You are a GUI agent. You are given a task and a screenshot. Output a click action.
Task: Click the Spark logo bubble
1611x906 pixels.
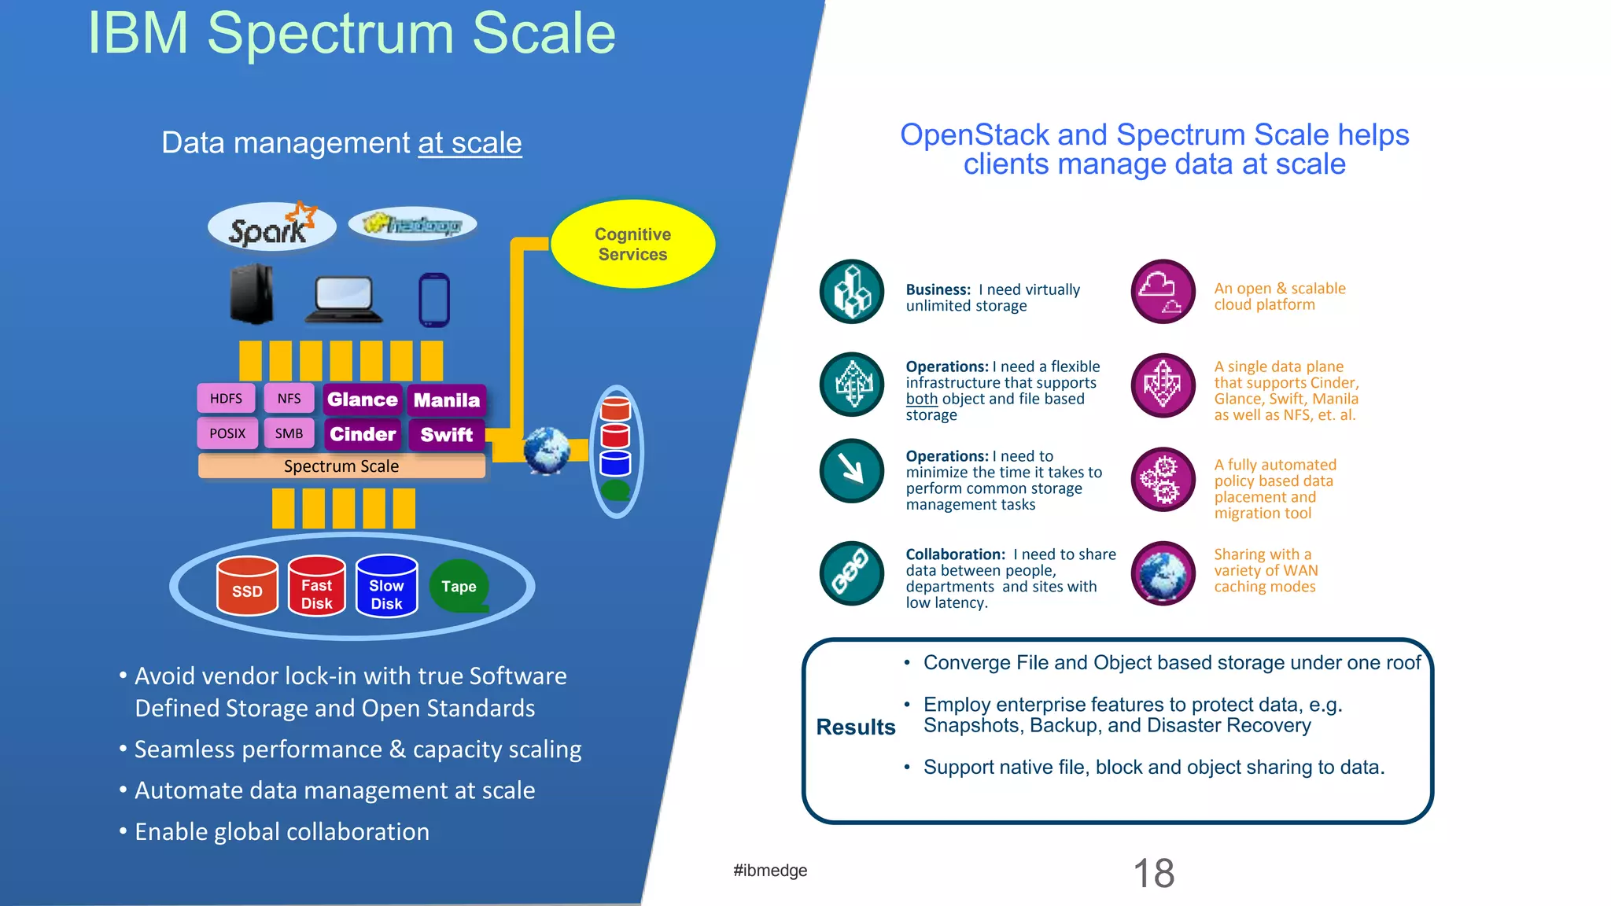click(x=271, y=226)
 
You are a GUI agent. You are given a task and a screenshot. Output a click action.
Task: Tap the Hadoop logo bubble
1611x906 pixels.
click(x=412, y=225)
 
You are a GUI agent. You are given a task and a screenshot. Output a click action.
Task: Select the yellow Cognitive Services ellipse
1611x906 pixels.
click(x=632, y=244)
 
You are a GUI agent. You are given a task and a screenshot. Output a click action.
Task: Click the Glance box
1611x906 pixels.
click(x=363, y=400)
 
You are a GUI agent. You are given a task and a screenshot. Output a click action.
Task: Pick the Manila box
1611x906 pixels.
click(x=446, y=400)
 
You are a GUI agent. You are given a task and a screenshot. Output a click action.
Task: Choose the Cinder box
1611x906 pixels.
click(x=363, y=434)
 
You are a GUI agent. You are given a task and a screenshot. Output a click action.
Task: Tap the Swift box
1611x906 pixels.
click(x=446, y=435)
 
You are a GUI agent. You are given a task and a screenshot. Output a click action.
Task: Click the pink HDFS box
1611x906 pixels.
click(x=226, y=399)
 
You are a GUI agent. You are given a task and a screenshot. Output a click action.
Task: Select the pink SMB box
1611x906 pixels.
click(x=289, y=433)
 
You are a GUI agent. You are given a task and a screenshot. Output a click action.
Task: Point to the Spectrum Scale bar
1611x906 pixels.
click(x=341, y=466)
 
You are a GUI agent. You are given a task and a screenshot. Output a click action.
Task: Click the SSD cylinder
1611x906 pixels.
click(x=247, y=587)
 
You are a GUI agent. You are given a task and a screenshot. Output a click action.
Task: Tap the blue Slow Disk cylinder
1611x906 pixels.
click(x=386, y=587)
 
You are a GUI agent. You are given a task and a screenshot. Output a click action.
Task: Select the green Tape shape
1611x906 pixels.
click(x=459, y=587)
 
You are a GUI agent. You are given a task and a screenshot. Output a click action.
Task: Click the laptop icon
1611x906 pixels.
click(x=344, y=300)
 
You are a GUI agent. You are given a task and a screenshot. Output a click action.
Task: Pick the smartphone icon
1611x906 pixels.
click(x=434, y=300)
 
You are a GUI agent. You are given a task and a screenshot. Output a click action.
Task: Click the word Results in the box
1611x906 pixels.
click(x=856, y=727)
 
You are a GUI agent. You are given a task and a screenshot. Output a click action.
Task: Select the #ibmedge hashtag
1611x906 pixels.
click(x=770, y=871)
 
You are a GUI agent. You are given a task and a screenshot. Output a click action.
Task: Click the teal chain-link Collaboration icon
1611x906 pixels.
click(x=852, y=573)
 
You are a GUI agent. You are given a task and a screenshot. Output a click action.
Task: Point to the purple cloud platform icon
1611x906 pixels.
click(x=1163, y=292)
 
